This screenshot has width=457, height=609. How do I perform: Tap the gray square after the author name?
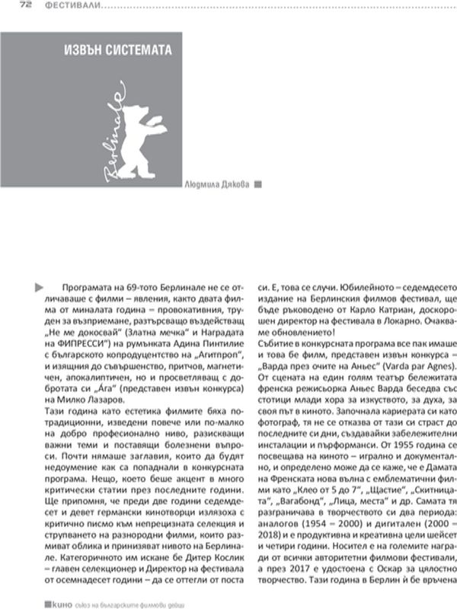click(257, 183)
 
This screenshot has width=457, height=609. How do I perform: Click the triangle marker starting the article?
click(40, 286)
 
